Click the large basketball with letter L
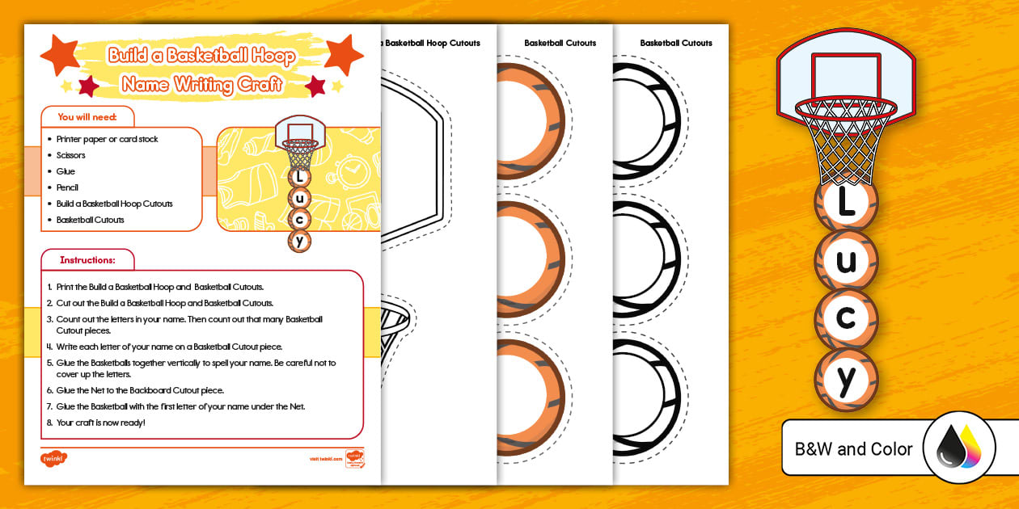pyautogui.click(x=846, y=202)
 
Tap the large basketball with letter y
pyautogui.click(x=846, y=379)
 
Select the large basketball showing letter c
pyautogui.click(x=846, y=318)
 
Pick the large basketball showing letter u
pyautogui.click(x=846, y=261)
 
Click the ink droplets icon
pyautogui.click(x=959, y=448)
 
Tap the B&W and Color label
pyautogui.click(x=853, y=448)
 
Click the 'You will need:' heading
pyautogui.click(x=87, y=117)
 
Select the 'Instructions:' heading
pyautogui.click(x=87, y=260)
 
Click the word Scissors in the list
pyautogui.click(x=70, y=155)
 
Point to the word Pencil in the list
pyautogui.click(x=67, y=187)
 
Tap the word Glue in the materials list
pyautogui.click(x=66, y=171)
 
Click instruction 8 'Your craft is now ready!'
pyautogui.click(x=101, y=423)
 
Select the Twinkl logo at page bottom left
pyautogui.click(x=53, y=459)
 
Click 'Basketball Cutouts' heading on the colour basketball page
pyautogui.click(x=560, y=43)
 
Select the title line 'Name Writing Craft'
pyautogui.click(x=201, y=83)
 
